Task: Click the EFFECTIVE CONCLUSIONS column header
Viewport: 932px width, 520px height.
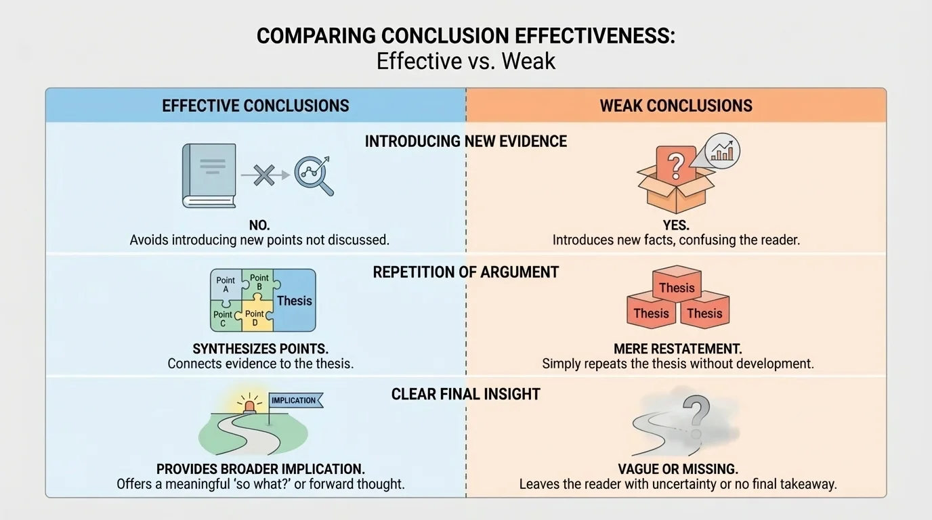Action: click(x=255, y=106)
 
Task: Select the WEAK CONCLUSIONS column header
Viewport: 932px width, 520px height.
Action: click(x=676, y=106)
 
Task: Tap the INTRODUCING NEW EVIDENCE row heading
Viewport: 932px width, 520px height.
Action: click(x=466, y=141)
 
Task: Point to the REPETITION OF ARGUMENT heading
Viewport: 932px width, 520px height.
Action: click(x=466, y=272)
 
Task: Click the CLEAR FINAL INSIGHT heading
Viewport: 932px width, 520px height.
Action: click(x=466, y=394)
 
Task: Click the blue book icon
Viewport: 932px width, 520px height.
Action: click(x=209, y=175)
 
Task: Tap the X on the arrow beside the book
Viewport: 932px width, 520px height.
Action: click(x=264, y=175)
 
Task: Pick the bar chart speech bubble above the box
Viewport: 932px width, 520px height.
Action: click(x=722, y=151)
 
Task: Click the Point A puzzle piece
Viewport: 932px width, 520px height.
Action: click(x=226, y=284)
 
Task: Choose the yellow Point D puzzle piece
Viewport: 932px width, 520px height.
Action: click(x=255, y=318)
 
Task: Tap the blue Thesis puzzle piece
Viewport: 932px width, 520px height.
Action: click(x=295, y=301)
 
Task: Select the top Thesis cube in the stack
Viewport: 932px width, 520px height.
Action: click(x=677, y=288)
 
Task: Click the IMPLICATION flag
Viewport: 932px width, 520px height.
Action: click(x=295, y=400)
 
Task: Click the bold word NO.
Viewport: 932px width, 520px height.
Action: click(x=259, y=225)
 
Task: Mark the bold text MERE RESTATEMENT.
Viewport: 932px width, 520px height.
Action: click(x=677, y=349)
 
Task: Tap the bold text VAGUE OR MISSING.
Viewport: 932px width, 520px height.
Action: click(x=677, y=469)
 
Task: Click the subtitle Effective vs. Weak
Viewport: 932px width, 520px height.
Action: click(x=466, y=61)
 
